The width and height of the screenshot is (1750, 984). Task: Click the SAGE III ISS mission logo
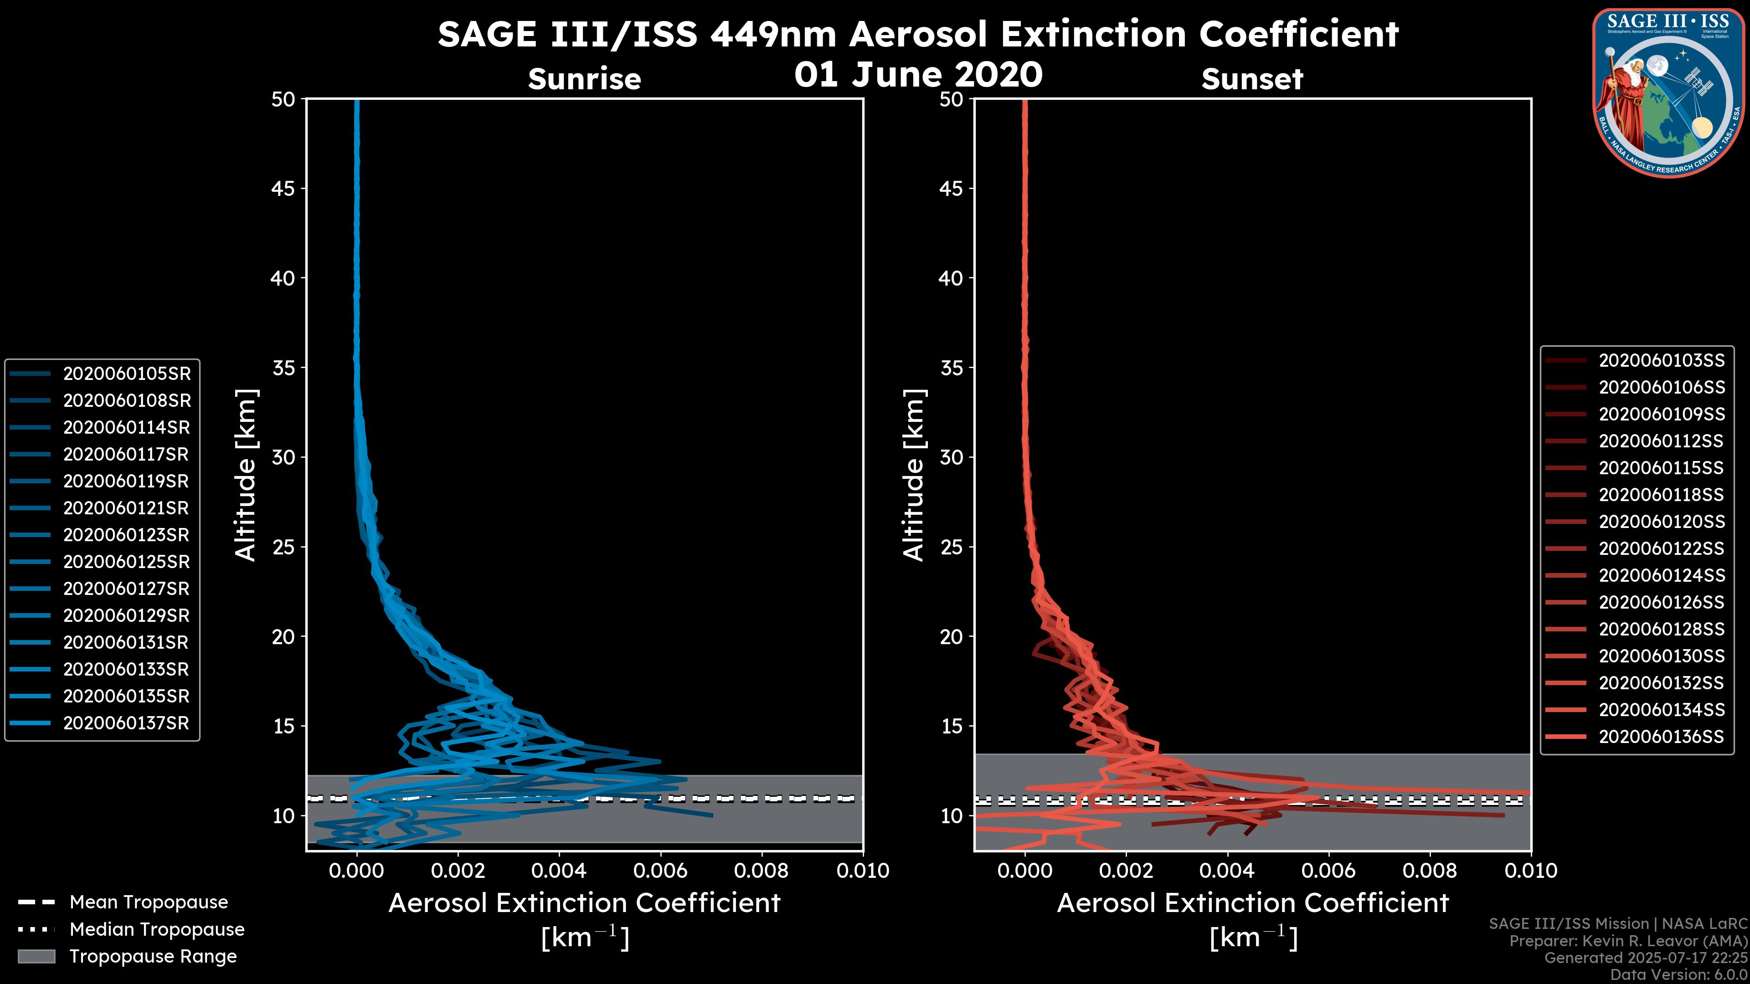[1668, 92]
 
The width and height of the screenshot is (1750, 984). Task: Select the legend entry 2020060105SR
[126, 374]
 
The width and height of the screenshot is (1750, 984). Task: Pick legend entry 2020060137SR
[126, 723]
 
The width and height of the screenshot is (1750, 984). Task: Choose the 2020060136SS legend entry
[1661, 737]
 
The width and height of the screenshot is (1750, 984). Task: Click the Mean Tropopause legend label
[148, 902]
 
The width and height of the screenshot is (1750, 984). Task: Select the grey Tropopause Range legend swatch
[36, 956]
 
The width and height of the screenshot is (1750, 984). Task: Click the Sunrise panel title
[584, 79]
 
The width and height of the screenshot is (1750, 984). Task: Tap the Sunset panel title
[1252, 79]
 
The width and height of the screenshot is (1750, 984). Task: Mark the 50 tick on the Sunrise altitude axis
[284, 99]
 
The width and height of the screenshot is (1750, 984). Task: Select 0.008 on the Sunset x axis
[1430, 871]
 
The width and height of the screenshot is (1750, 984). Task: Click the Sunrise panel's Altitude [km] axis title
[246, 475]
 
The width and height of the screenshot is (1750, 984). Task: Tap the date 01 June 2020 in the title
[918, 75]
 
